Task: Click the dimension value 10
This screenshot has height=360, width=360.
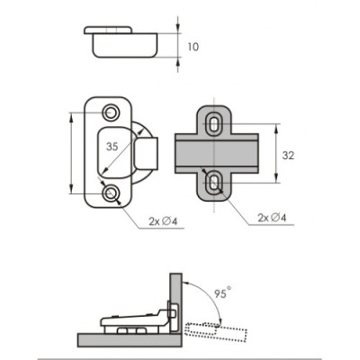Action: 193,47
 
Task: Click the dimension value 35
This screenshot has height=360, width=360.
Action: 112,147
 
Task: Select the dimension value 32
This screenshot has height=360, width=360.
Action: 288,156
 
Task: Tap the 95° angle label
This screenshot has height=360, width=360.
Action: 222,292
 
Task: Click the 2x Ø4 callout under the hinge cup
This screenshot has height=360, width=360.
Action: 163,221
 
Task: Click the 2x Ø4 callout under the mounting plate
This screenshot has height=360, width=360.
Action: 272,218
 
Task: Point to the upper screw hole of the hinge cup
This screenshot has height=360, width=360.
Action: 111,112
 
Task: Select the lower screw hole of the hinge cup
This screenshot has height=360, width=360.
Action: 111,193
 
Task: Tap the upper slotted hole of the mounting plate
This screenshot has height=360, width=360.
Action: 213,123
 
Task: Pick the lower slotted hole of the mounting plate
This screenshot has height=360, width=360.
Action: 213,183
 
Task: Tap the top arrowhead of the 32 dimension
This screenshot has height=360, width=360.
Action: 276,129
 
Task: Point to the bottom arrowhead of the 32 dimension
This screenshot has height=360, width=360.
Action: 276,177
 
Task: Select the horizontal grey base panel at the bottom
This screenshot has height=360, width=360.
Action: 130,339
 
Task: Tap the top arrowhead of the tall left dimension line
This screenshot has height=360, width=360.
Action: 71,118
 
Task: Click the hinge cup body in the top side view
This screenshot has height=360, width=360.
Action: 124,45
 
